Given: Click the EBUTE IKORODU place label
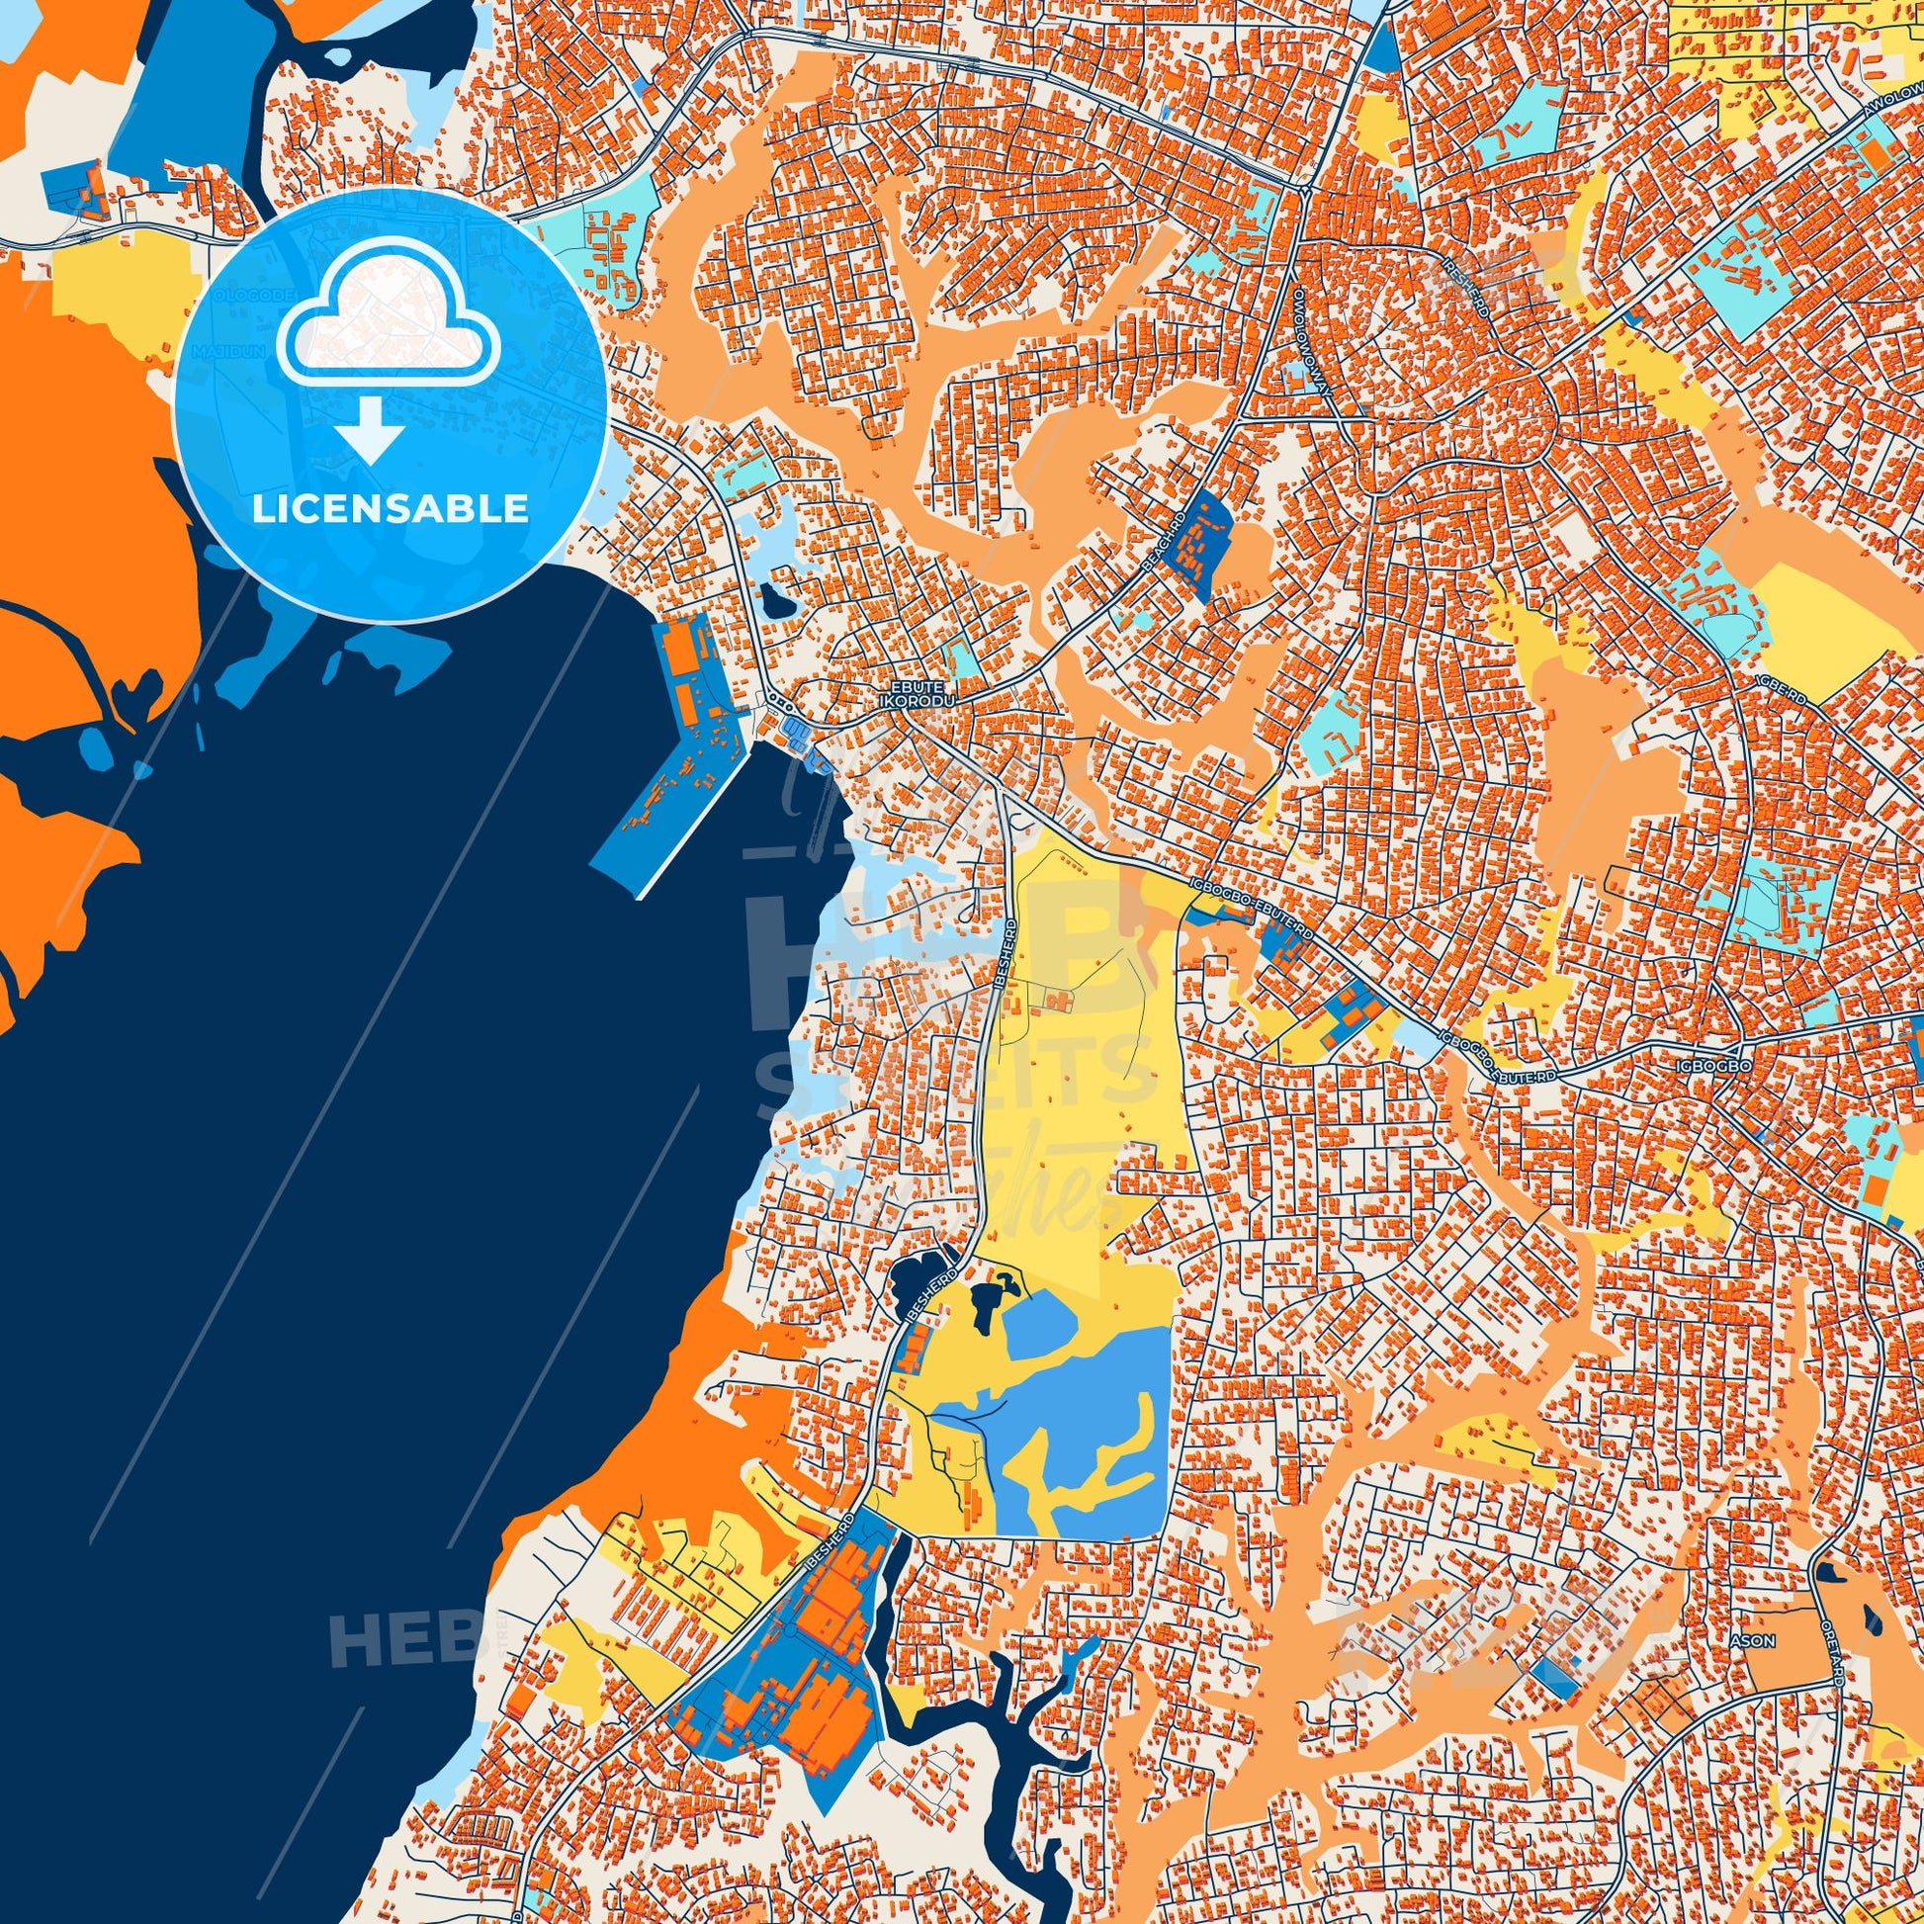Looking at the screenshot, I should pyautogui.click(x=918, y=694).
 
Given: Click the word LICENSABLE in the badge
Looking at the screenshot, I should pyautogui.click(x=390, y=509).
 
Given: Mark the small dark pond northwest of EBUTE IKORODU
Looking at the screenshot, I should pyautogui.click(x=774, y=599).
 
